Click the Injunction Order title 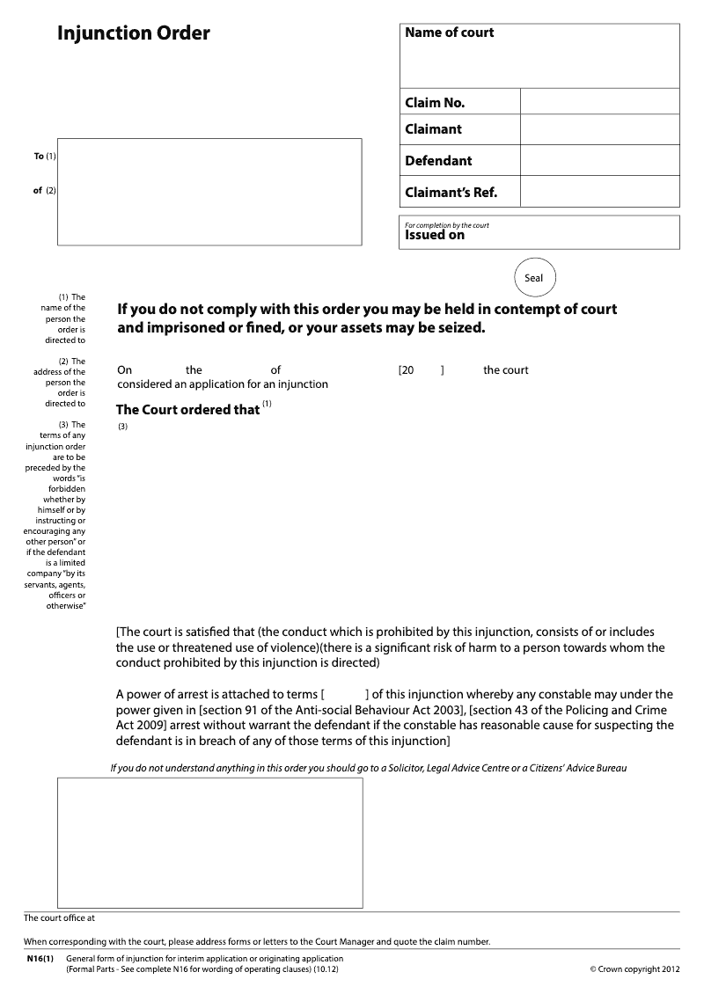[x=134, y=34]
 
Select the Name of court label [x=449, y=33]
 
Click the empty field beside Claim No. [x=599, y=102]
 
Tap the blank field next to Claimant [x=599, y=129]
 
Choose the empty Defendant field [x=599, y=160]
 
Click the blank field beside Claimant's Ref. [x=599, y=192]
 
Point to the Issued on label [x=434, y=236]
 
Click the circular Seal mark [x=534, y=278]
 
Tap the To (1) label [x=44, y=157]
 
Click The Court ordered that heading [x=187, y=409]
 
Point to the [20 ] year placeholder [x=422, y=370]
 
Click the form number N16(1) [x=40, y=959]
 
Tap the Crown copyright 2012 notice [x=634, y=969]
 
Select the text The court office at [x=58, y=918]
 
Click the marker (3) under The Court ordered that [x=122, y=428]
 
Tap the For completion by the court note [x=446, y=225]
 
